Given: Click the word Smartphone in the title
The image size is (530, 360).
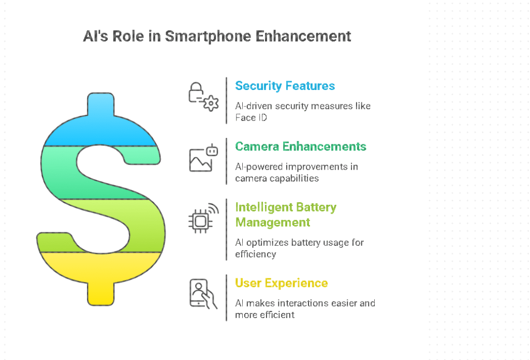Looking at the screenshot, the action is pos(208,37).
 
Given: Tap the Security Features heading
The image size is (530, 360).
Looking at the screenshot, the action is pos(285,86).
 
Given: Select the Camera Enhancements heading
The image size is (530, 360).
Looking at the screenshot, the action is pos(301,146).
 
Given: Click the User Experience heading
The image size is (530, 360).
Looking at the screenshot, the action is pos(281,283).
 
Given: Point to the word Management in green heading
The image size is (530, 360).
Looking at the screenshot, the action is pos(272,223).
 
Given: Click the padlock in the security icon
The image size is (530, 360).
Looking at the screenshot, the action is pos(196,93).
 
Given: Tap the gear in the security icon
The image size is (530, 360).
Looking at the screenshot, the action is pos(211,103).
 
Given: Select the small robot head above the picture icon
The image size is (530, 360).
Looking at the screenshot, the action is pos(212,151).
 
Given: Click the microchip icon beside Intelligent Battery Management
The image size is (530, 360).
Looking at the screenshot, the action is pos(200,221).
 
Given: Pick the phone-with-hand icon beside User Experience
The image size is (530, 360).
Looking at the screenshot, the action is pos(202,294).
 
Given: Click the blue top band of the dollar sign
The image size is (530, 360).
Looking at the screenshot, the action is pos(101,128).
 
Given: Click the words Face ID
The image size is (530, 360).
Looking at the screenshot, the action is pos(251,117).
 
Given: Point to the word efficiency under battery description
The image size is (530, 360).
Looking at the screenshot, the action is pos(256,254).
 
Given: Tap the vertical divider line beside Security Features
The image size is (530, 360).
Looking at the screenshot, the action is pos(227,101).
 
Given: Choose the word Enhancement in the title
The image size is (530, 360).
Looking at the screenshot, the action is pos(303,37).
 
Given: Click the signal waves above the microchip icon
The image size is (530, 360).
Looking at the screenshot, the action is pos(213,208).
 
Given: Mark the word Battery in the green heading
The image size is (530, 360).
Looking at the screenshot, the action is pos(316,207).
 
